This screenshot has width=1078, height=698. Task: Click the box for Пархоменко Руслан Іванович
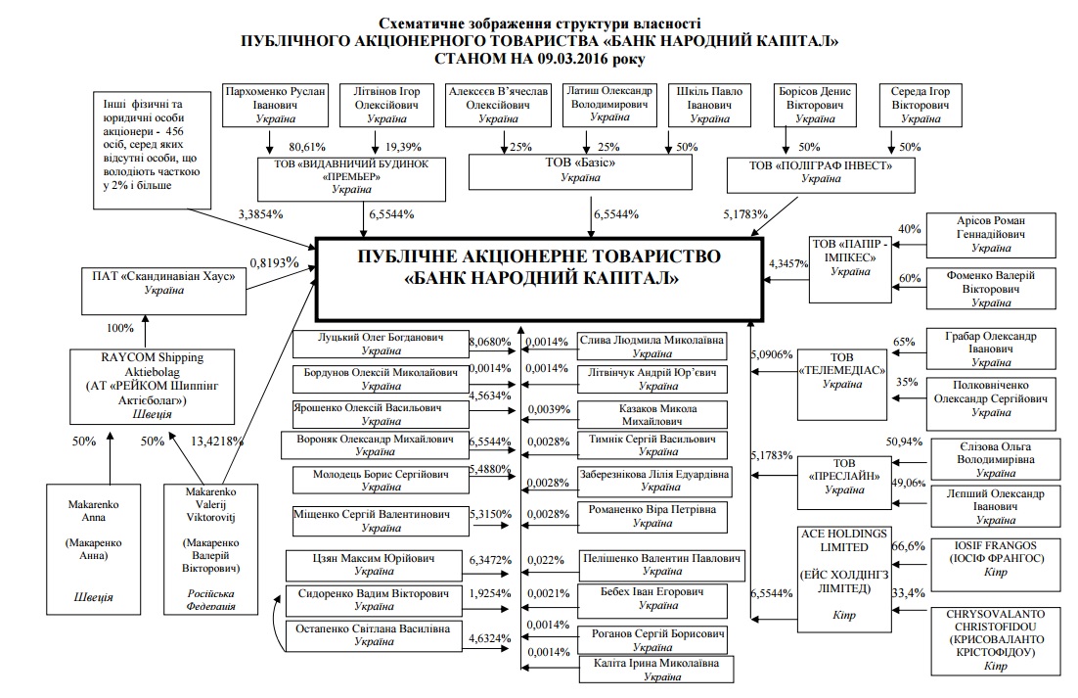tap(275, 104)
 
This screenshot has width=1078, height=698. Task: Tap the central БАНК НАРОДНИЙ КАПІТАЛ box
tap(540, 267)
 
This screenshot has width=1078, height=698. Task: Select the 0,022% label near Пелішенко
tap(546, 561)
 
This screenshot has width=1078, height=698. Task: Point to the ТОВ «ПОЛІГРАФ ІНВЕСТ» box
tap(822, 172)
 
